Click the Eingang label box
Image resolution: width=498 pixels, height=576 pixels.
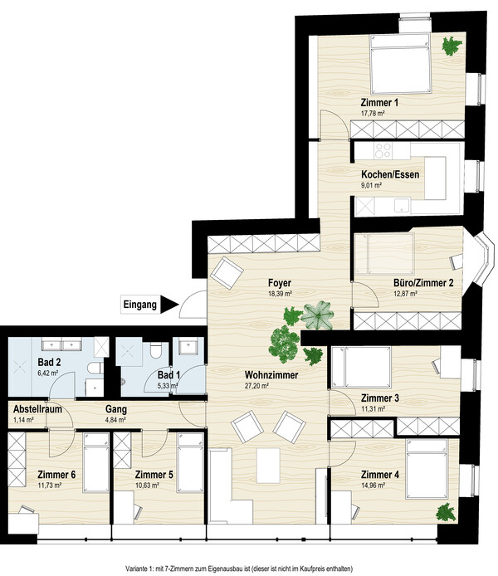[x=140, y=305]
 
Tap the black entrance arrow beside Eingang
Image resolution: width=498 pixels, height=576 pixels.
[x=169, y=305]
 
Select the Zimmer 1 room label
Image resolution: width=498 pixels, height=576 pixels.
[x=379, y=102]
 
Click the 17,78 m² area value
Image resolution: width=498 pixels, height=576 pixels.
[x=373, y=114]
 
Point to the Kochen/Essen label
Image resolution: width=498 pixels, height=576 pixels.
[x=390, y=174]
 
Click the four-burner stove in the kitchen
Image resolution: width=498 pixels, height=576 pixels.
[x=383, y=150]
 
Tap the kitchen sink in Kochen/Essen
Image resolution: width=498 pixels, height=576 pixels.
[x=403, y=206]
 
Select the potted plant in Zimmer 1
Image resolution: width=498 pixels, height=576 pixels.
[x=452, y=46]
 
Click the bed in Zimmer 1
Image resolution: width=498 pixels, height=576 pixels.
[x=400, y=64]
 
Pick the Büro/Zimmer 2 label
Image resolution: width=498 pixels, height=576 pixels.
[x=423, y=283]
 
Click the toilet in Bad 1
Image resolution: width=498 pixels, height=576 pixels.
[x=156, y=350]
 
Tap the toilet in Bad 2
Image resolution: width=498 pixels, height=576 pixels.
[x=95, y=368]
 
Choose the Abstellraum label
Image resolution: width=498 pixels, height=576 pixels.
[x=37, y=409]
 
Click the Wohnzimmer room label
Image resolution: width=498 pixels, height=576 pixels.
[x=271, y=375]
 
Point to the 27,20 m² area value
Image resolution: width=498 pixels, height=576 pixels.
[x=256, y=386]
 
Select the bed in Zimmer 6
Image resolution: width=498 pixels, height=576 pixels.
[x=96, y=462]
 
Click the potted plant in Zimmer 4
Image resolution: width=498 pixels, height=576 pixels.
[x=446, y=512]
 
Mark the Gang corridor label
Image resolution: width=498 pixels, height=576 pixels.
[x=116, y=409]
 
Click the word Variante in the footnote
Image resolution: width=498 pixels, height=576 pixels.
[x=134, y=569]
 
